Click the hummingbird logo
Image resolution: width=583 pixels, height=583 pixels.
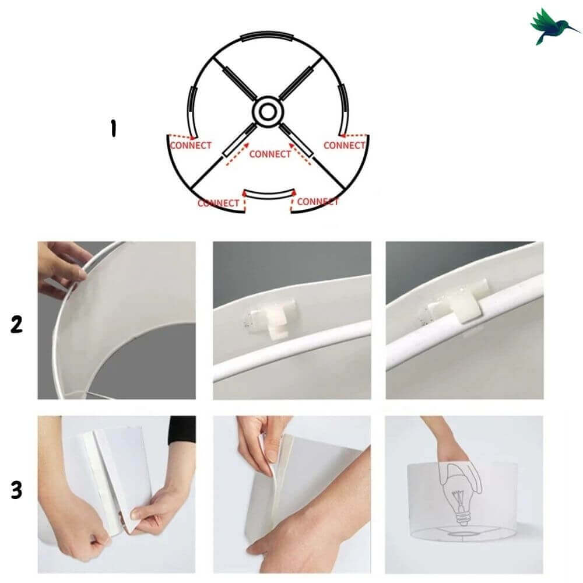pos(553,26)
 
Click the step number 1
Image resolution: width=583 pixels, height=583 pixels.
pos(113,128)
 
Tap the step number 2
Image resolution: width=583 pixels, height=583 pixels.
pos(16,324)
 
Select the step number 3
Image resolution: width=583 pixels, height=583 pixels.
pos(16,490)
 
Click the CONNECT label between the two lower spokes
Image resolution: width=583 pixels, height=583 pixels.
pos(270,154)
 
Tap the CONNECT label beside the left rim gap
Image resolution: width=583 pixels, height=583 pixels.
pos(191,145)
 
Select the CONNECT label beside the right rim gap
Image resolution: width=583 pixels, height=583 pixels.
pos(345,145)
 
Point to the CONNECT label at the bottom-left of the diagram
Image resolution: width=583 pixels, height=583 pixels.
pos(218,203)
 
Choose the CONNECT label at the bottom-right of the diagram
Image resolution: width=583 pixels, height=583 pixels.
pos(318,202)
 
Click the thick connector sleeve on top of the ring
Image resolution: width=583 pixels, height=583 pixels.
pos(268,36)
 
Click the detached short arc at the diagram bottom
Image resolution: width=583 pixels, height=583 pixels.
pos(268,195)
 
